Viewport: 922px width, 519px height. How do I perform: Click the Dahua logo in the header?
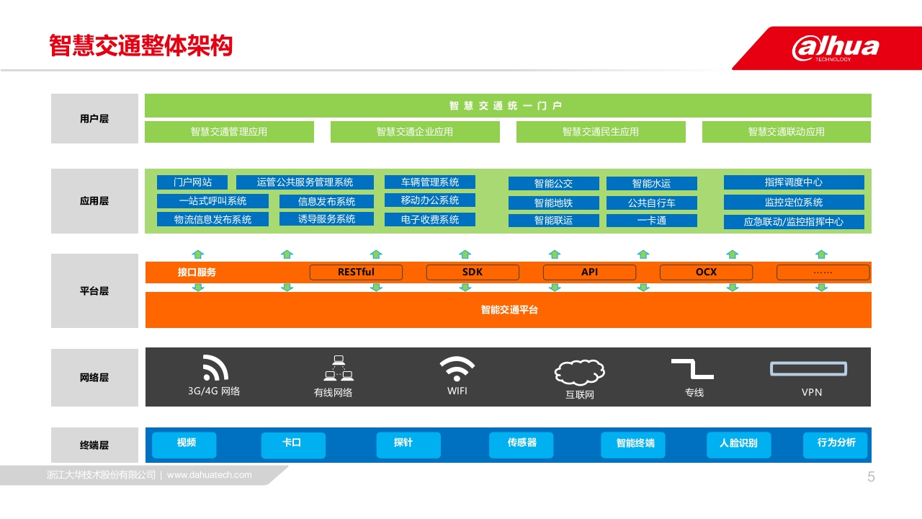pyautogui.click(x=835, y=48)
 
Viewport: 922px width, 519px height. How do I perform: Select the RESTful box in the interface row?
pyautogui.click(x=356, y=272)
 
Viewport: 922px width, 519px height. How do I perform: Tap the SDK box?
pyautogui.click(x=473, y=272)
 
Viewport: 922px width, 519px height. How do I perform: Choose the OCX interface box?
pyautogui.click(x=707, y=272)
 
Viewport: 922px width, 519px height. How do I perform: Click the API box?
pyautogui.click(x=589, y=272)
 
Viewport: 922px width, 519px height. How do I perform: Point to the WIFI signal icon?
pyautogui.click(x=457, y=368)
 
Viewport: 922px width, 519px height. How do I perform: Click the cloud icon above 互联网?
pyautogui.click(x=580, y=373)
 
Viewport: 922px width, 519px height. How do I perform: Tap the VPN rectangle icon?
pyautogui.click(x=808, y=368)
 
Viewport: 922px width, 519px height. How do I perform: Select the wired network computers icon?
pyautogui.click(x=339, y=368)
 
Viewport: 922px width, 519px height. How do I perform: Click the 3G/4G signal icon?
pyautogui.click(x=215, y=368)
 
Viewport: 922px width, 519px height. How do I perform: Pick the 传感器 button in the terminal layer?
pyautogui.click(x=521, y=445)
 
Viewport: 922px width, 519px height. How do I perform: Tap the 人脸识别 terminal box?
pyautogui.click(x=739, y=445)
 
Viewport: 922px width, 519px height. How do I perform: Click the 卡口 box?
pyautogui.click(x=293, y=445)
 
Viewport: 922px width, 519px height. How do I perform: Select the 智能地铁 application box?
pyautogui.click(x=554, y=203)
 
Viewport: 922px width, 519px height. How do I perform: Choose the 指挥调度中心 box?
pyautogui.click(x=794, y=182)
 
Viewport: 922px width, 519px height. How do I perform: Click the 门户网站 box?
pyautogui.click(x=192, y=182)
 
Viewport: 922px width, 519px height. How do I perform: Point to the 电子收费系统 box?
pyautogui.click(x=430, y=220)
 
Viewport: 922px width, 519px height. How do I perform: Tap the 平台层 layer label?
pyautogui.click(x=94, y=291)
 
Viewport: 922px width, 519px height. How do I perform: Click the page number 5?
pyautogui.click(x=871, y=477)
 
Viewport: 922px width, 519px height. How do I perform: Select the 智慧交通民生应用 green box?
pyautogui.click(x=601, y=132)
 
